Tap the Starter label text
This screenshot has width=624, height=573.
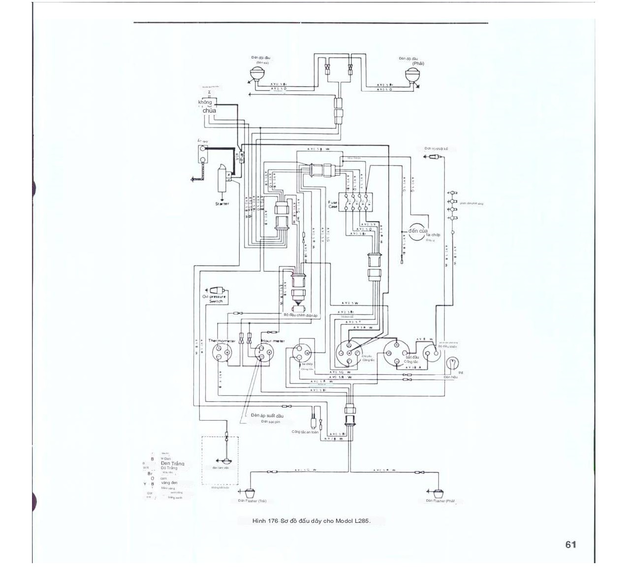click(222, 204)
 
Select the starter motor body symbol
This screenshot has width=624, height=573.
click(222, 180)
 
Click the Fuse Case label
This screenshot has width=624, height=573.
click(333, 204)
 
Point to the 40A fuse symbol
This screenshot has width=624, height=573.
click(239, 158)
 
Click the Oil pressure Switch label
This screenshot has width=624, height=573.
click(215, 299)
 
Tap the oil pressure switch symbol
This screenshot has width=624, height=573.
click(216, 291)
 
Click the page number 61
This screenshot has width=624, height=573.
click(570, 544)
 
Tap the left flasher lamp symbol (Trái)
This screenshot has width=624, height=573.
click(250, 492)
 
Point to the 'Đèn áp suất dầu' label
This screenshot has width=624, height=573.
click(267, 416)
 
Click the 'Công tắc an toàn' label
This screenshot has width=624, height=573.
click(305, 432)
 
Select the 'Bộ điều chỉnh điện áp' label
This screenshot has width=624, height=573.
click(301, 315)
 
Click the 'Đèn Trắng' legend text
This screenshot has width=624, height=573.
click(172, 463)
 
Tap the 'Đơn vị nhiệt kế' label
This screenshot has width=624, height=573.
click(436, 149)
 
